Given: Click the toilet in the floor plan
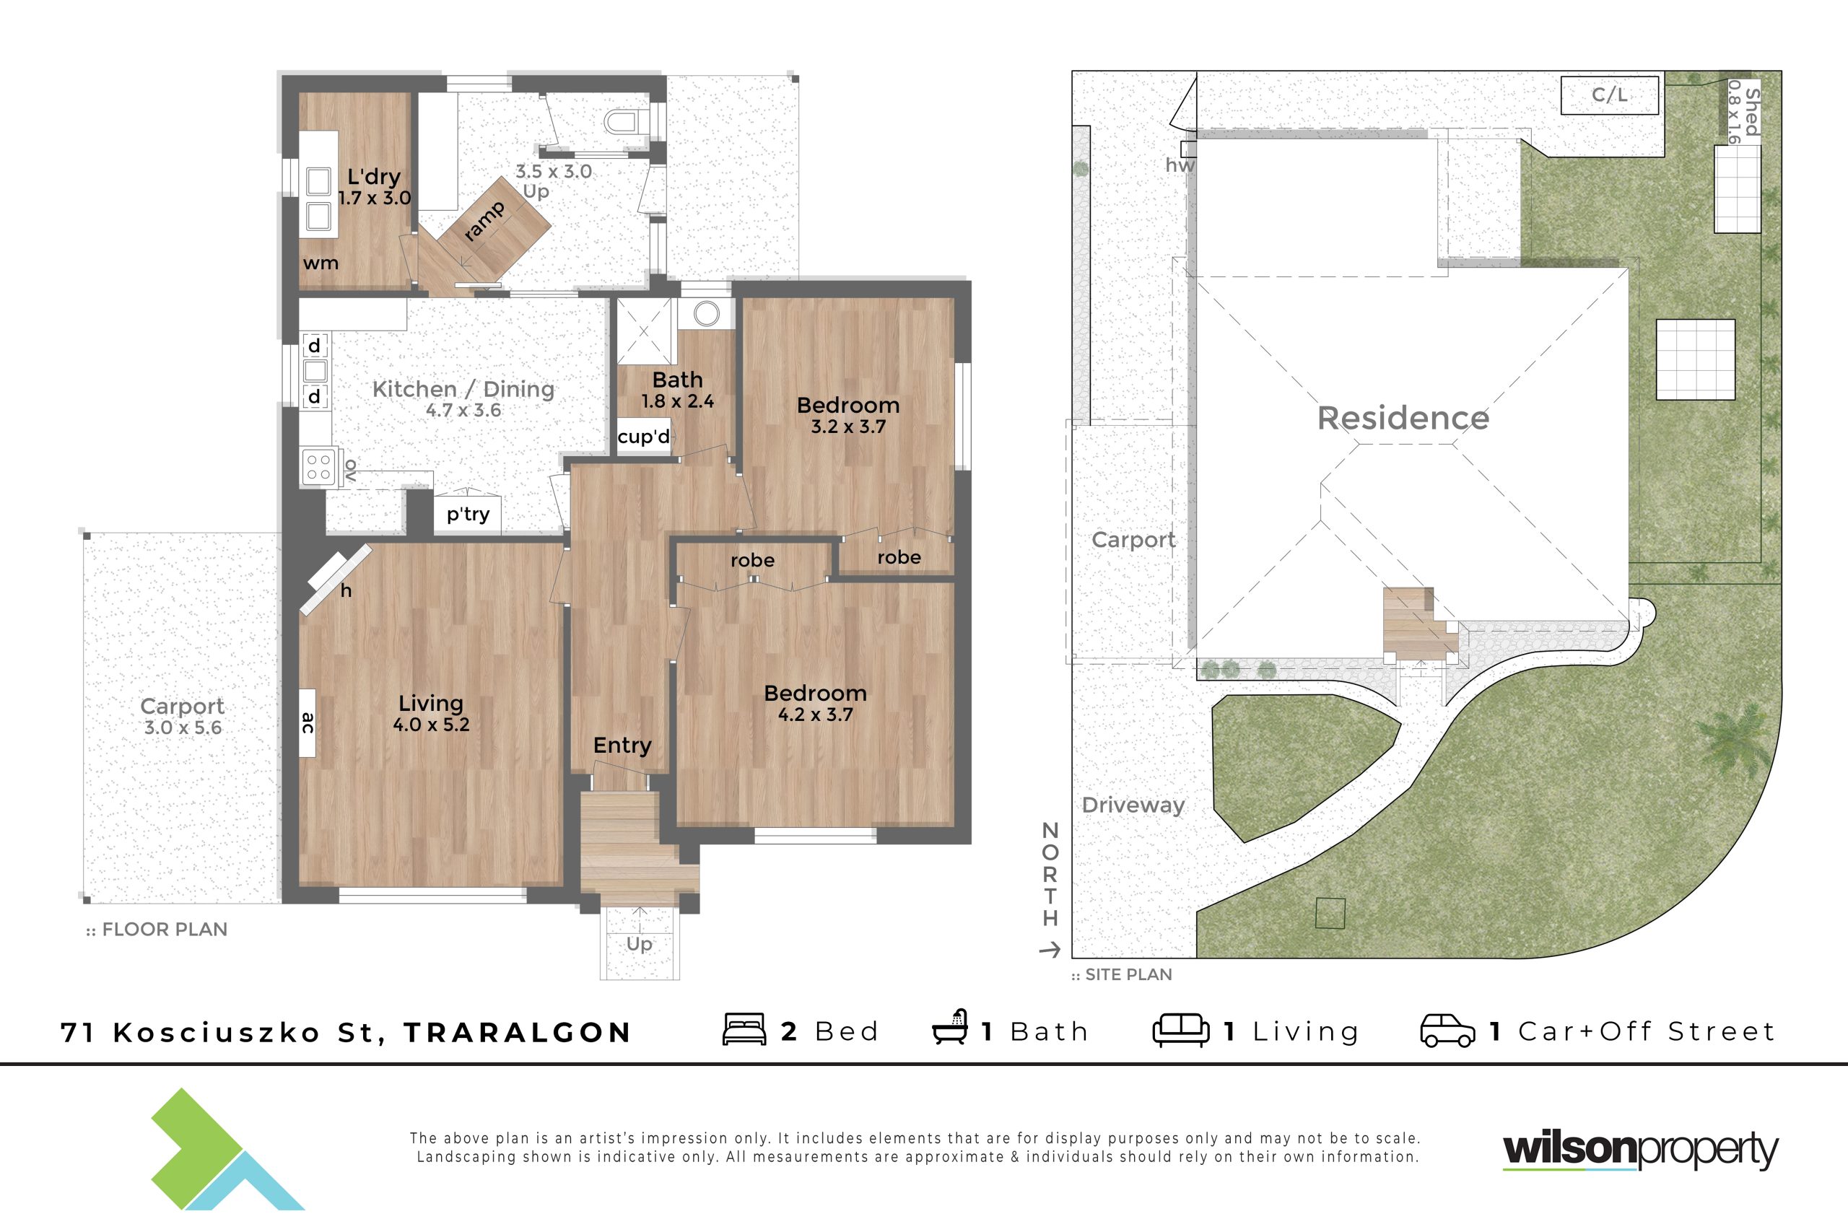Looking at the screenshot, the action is point(624,123).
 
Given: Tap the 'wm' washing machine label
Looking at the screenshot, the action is point(321,263).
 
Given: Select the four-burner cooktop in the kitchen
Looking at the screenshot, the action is point(319,467).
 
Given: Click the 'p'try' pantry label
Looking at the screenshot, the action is point(468,514).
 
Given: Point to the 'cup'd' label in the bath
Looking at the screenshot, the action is point(643,436).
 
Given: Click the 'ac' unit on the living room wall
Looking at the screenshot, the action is point(308,723).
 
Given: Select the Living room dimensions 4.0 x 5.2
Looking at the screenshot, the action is point(432,725).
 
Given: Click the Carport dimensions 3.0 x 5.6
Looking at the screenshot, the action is point(183,728).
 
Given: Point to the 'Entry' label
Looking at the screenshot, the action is point(622,745).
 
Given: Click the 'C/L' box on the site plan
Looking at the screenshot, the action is point(1610,95).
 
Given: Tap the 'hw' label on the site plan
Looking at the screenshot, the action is point(1180,165).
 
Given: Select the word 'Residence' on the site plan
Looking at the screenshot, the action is point(1403,418).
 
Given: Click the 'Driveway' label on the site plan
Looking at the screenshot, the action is point(1133,805).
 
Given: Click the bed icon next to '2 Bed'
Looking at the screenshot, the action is point(744,1029).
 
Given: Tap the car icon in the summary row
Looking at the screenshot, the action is point(1447,1031).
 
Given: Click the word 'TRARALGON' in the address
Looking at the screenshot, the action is point(518,1032).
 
